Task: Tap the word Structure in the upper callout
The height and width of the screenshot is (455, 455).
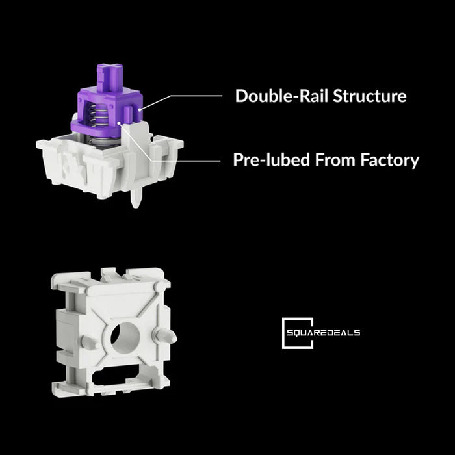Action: point(369,96)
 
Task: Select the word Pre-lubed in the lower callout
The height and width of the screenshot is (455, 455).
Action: point(271,160)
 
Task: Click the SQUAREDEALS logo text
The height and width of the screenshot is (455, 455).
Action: point(323,333)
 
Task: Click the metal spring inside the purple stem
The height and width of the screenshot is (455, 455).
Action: point(97,116)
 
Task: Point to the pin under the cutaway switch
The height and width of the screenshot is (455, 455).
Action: point(136,198)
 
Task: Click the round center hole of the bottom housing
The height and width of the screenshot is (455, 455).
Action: point(125,338)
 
